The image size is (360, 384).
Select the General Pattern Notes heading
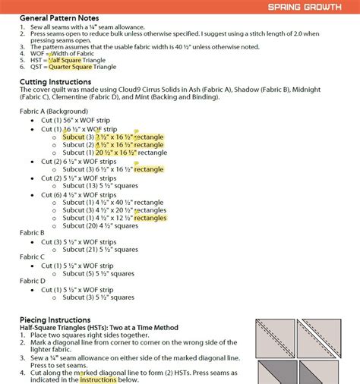click(58, 17)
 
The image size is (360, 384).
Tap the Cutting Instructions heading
click(56, 81)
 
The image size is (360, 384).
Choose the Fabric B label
click(32, 232)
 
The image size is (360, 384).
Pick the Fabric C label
click(32, 257)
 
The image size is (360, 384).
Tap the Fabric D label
click(32, 281)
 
